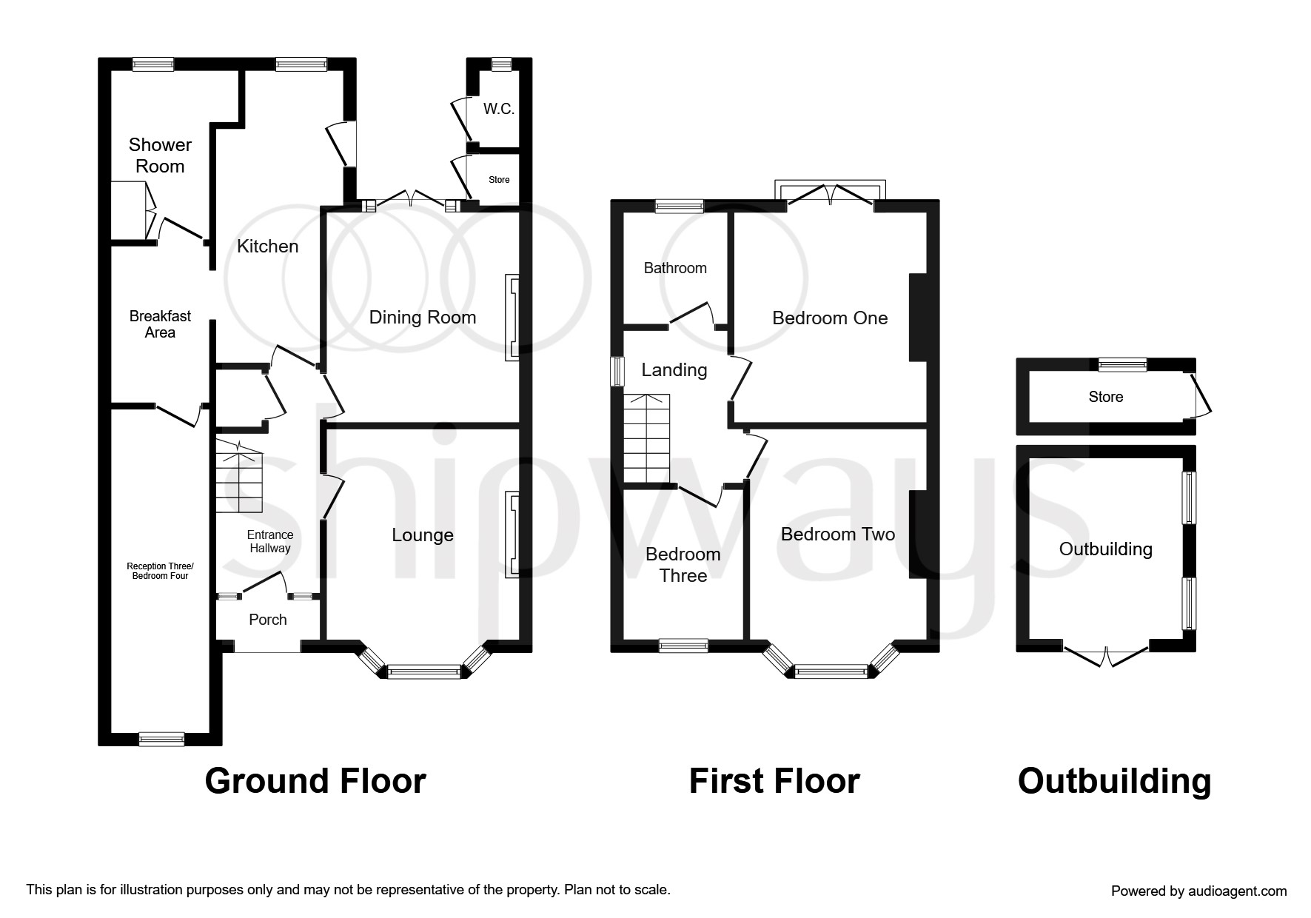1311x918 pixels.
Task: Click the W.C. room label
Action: click(x=498, y=110)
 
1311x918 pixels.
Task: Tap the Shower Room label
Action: click(x=160, y=155)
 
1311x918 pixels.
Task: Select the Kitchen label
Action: click(x=267, y=247)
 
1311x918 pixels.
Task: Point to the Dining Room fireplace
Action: click(x=512, y=318)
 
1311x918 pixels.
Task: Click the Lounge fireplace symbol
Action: click(x=512, y=535)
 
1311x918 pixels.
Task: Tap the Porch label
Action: click(x=267, y=620)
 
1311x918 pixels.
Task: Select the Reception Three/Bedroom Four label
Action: click(x=160, y=571)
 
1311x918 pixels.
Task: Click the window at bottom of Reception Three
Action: click(x=161, y=738)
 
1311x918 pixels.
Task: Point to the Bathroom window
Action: click(x=679, y=207)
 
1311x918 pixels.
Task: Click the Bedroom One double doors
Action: click(x=830, y=194)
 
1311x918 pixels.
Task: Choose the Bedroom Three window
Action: click(x=683, y=646)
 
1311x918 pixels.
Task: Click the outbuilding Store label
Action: click(x=1105, y=397)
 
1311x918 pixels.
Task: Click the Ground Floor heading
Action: click(x=315, y=781)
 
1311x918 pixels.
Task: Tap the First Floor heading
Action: click(x=774, y=781)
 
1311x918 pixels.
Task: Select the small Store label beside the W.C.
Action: click(x=499, y=180)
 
